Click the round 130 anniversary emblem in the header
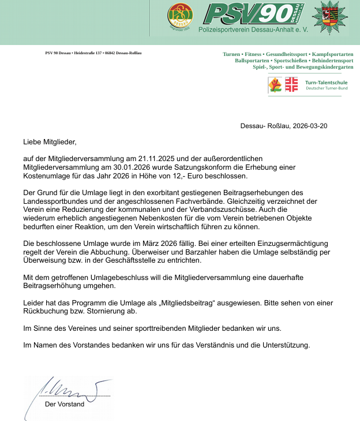click(x=180, y=17)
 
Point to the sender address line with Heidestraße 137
click(x=93, y=53)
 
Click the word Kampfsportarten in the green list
click(x=332, y=54)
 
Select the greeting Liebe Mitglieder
click(x=50, y=141)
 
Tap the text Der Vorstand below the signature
click(x=65, y=404)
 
